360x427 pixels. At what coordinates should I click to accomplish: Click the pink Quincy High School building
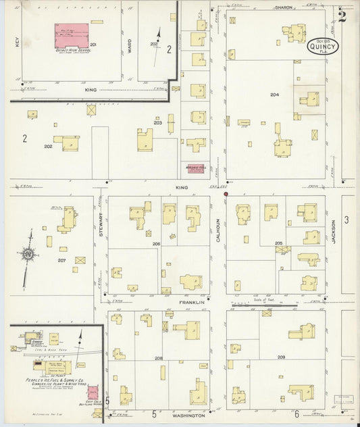72,34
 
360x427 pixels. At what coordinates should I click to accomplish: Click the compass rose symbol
29,254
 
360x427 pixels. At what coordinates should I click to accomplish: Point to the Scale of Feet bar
264,305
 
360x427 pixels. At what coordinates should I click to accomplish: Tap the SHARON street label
283,7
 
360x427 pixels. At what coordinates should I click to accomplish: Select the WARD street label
130,45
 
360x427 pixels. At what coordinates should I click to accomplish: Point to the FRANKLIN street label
191,302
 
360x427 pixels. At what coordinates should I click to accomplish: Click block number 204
274,95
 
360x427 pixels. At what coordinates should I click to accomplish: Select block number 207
61,259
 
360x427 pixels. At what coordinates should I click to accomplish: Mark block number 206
155,243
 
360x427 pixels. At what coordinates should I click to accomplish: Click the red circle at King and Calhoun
226,194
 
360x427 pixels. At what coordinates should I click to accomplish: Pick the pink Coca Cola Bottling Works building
97,412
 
